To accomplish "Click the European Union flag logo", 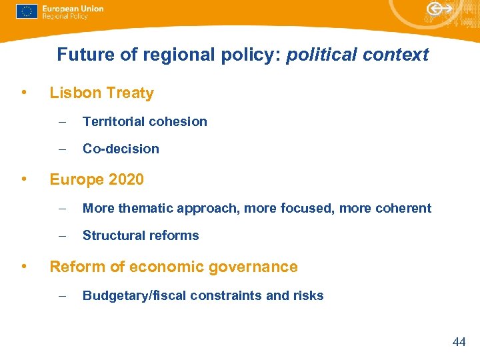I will (x=27, y=12).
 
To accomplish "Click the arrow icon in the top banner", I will (x=440, y=9).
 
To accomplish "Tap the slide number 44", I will (x=459, y=342).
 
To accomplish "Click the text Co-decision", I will (x=121, y=149).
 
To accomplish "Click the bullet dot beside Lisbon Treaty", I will (x=24, y=92).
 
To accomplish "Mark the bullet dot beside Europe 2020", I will (x=24, y=178).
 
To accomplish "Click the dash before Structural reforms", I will (x=61, y=235).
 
